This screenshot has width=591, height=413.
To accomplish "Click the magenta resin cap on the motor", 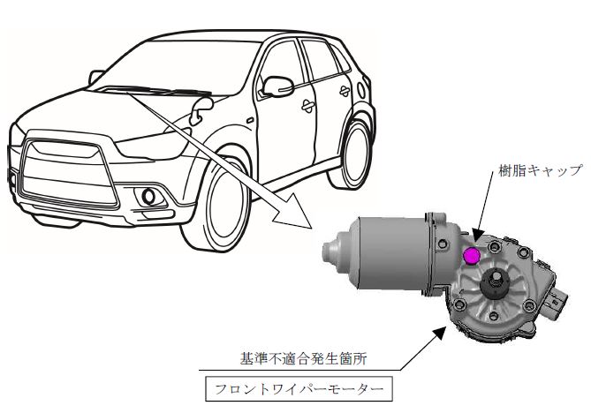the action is [470, 257].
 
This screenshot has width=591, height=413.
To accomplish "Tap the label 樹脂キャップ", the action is [541, 170].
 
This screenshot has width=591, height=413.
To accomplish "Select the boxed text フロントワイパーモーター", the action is [299, 389].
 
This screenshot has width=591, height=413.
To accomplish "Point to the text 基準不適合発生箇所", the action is [303, 359].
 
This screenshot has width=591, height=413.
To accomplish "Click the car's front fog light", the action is [149, 197].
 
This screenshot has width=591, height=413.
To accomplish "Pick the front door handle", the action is [308, 106].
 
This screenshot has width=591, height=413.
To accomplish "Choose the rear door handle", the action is [345, 91].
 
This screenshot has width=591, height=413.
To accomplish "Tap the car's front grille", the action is [68, 173].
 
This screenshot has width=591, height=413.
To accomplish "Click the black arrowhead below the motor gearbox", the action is [439, 334].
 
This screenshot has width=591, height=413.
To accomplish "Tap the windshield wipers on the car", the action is [156, 91].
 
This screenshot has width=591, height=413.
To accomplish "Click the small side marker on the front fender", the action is [250, 121].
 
